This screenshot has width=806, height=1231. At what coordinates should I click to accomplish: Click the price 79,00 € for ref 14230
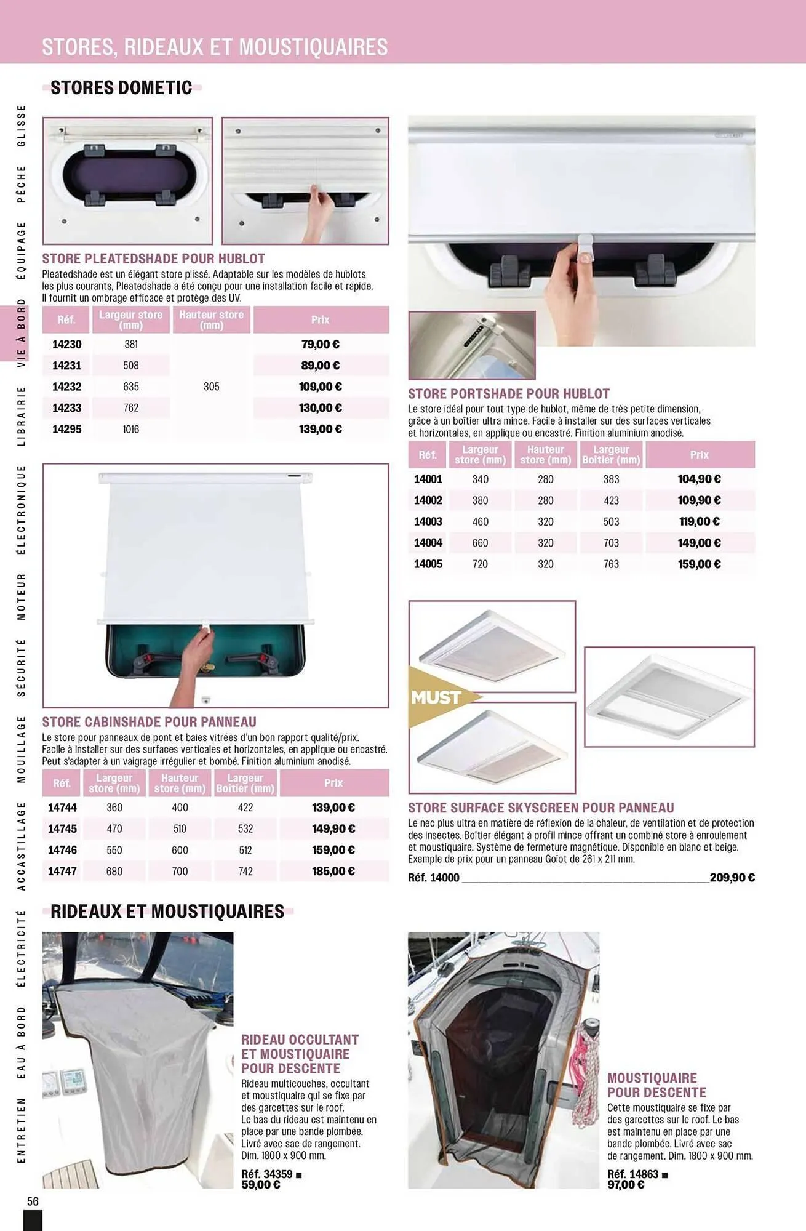[320, 345]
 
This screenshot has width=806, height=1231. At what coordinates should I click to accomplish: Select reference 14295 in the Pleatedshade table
[66, 430]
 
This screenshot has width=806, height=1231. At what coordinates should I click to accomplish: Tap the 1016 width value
[131, 430]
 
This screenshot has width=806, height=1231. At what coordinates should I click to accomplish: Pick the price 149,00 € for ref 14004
[699, 543]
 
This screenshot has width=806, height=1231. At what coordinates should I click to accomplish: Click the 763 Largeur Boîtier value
[611, 564]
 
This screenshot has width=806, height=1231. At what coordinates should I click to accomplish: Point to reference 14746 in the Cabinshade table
[62, 850]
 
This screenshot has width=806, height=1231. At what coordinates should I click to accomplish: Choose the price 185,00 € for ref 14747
[333, 872]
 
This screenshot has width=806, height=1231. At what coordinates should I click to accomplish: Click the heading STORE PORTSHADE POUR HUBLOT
[509, 394]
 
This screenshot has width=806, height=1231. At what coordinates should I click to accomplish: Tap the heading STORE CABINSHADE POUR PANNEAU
[149, 722]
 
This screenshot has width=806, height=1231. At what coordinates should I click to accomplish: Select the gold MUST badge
[437, 697]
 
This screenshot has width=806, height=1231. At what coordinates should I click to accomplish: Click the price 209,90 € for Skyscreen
[732, 878]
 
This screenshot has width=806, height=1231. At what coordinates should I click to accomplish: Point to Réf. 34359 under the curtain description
[267, 1174]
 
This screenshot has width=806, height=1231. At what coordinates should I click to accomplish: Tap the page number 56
[33, 1201]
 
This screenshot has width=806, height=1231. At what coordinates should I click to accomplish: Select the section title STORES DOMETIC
[121, 88]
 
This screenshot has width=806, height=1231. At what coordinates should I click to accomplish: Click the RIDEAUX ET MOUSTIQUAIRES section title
[167, 912]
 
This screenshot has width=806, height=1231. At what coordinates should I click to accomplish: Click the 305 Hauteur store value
[211, 387]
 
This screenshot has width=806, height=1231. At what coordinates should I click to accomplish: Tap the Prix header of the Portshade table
[699, 455]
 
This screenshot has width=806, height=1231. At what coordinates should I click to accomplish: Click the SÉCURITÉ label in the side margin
[21, 667]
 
